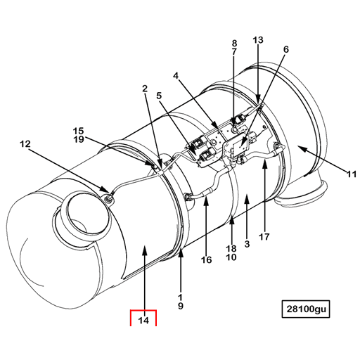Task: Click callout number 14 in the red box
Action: click(143, 321)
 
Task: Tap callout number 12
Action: click(25, 144)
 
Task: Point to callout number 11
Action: click(351, 174)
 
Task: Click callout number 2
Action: click(144, 89)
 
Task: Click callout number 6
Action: click(285, 49)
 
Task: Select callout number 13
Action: click(258, 40)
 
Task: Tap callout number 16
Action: click(206, 260)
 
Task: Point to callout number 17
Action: click(264, 237)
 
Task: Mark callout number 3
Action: click(247, 244)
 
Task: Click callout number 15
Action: click(78, 130)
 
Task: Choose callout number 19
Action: click(78, 139)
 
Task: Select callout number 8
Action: click(234, 43)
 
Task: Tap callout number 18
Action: click(231, 248)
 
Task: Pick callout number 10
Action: click(231, 257)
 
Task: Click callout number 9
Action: click(181, 306)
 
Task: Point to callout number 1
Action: click(181, 296)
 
